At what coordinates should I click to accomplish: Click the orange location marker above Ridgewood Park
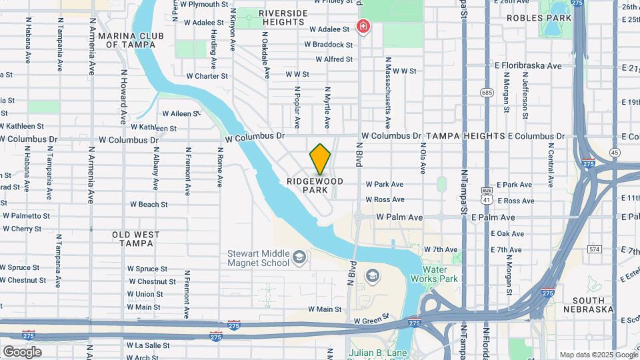(x=320, y=158)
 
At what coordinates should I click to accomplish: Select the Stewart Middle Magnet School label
(x=258, y=258)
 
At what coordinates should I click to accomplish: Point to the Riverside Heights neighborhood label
(x=283, y=17)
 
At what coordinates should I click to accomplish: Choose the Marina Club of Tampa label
(x=127, y=40)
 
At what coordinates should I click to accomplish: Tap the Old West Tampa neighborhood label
(x=135, y=239)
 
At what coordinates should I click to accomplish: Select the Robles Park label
(x=530, y=18)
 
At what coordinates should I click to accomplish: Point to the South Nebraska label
(x=588, y=304)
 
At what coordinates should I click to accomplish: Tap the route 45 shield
(x=614, y=153)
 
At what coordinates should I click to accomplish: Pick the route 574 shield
(x=595, y=249)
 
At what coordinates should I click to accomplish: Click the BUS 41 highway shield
(x=487, y=195)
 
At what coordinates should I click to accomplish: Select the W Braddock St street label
(x=329, y=45)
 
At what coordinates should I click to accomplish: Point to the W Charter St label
(x=207, y=76)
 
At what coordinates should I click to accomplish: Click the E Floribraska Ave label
(x=528, y=66)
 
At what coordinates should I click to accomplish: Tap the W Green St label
(x=371, y=321)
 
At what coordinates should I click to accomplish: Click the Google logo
(x=22, y=351)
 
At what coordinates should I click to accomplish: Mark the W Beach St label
(x=148, y=204)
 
